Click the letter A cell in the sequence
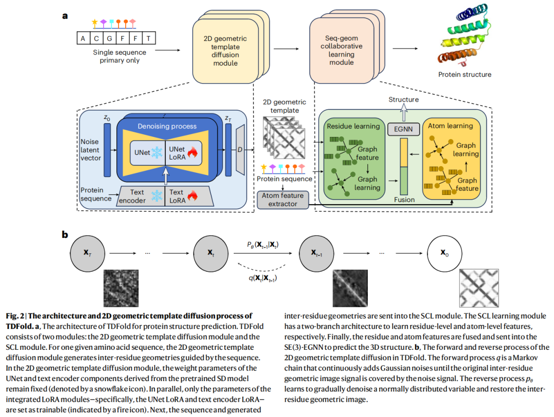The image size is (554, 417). click(x=83, y=38)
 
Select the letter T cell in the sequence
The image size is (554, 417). click(x=148, y=38)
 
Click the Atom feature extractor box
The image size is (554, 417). click(x=283, y=200)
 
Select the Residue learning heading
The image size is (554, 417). click(x=353, y=125)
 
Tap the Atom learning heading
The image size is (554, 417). click(x=452, y=125)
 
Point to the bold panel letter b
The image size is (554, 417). click(x=65, y=234)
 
